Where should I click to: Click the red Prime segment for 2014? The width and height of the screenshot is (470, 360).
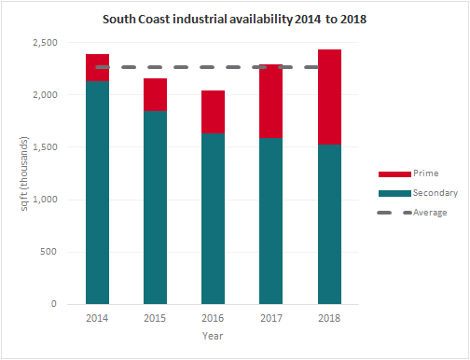(x=97, y=68)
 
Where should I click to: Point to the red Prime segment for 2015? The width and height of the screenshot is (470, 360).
(x=155, y=95)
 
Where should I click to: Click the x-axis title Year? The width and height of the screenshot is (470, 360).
(x=213, y=338)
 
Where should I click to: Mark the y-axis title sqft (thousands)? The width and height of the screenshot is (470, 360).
(x=25, y=173)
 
